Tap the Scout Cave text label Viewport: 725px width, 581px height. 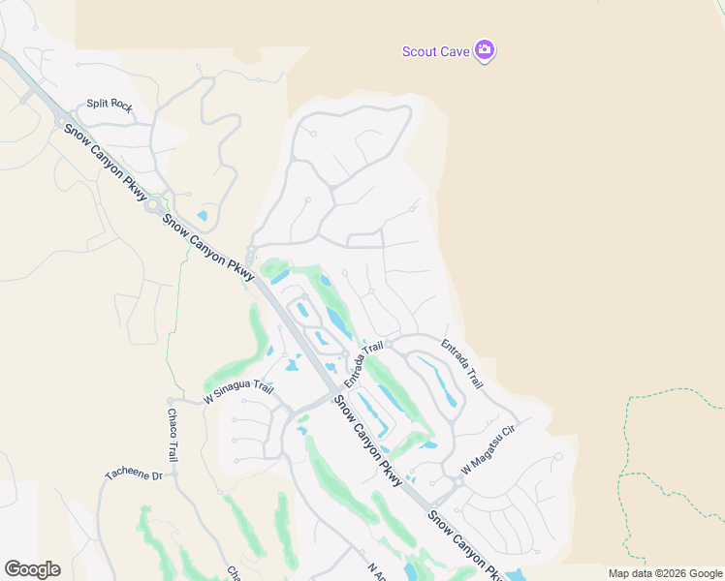[435, 51]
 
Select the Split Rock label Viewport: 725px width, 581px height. [109, 105]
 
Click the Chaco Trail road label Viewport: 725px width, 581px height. [172, 435]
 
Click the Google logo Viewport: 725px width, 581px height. [32, 568]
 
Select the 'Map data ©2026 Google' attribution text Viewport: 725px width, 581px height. [665, 573]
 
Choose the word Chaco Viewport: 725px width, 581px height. [171, 424]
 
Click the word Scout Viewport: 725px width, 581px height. [419, 51]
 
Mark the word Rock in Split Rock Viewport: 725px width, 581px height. [120, 105]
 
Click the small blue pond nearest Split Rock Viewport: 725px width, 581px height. [202, 215]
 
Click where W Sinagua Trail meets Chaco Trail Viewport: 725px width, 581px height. [171, 400]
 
